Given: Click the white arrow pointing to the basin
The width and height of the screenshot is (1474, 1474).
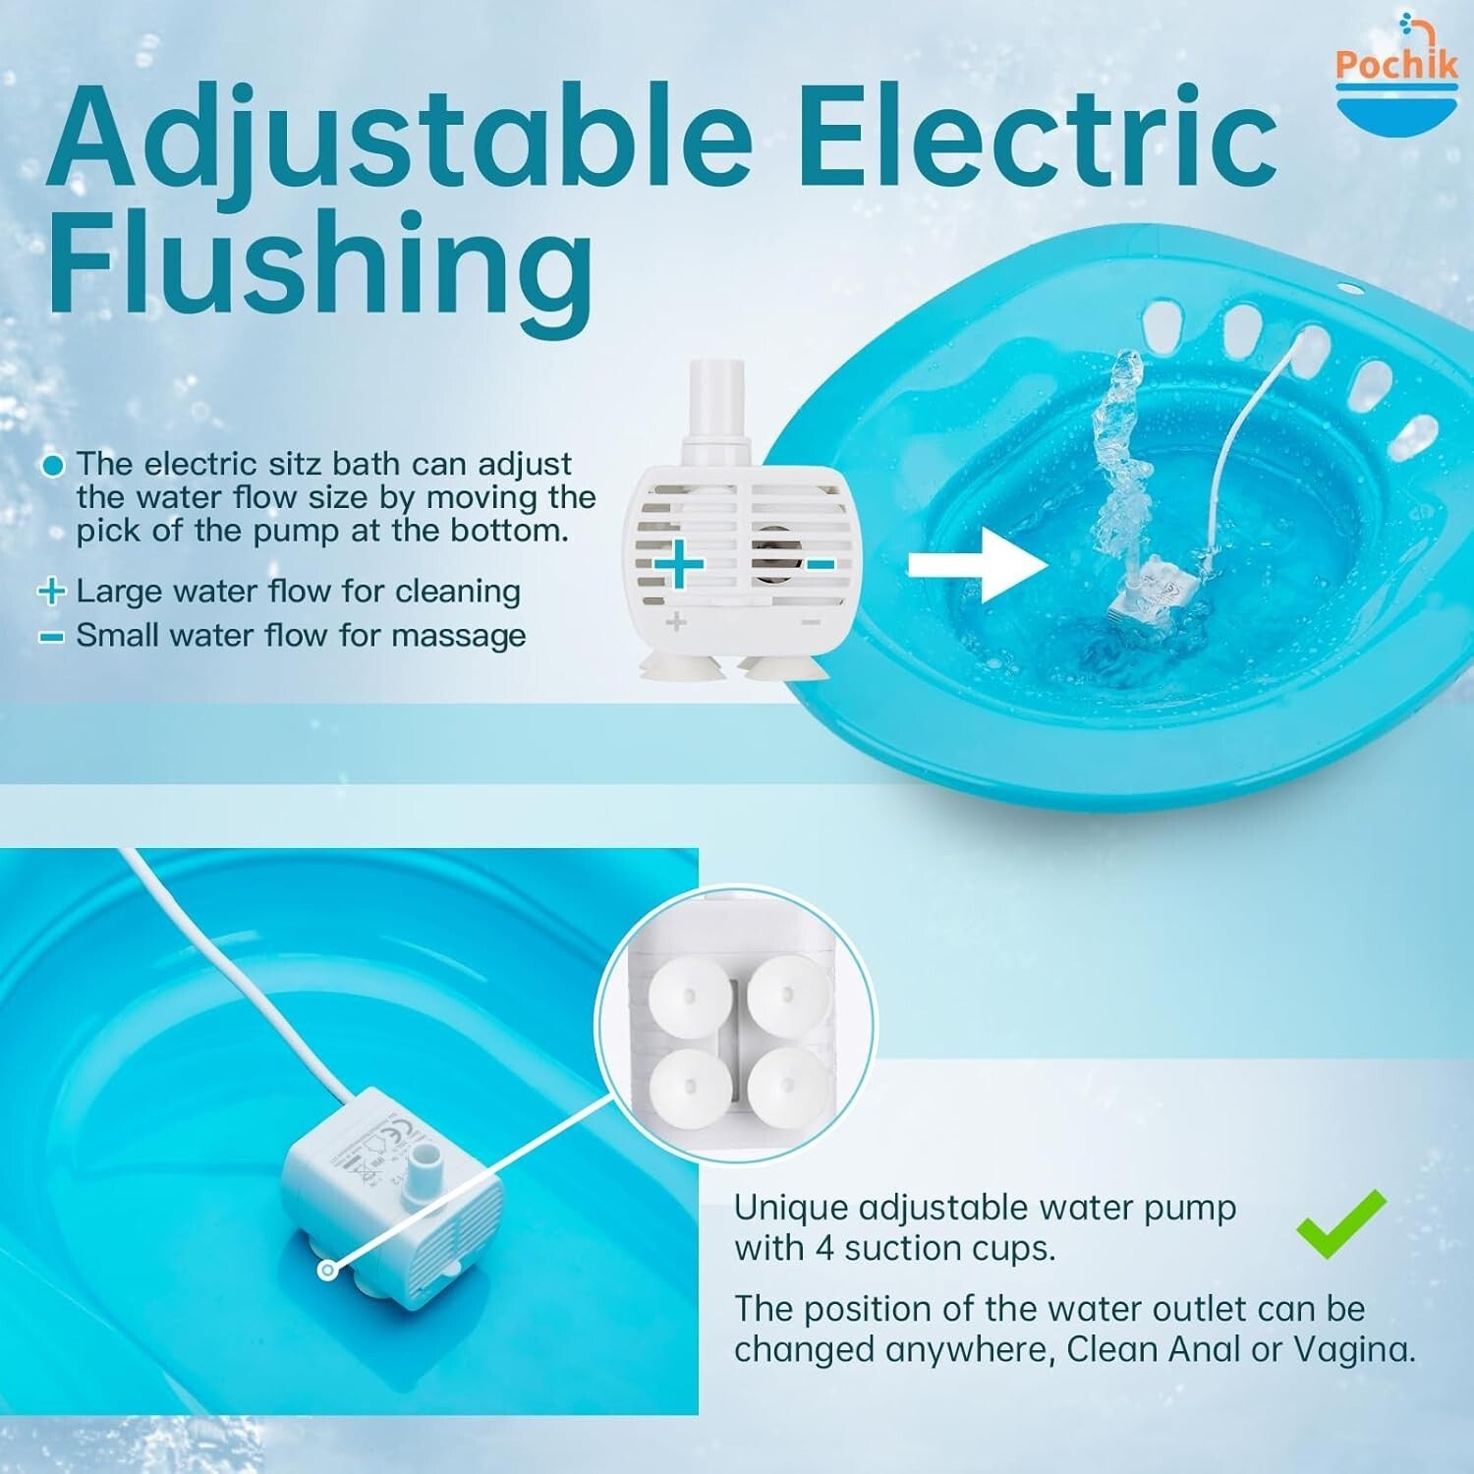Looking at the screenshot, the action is tap(978, 565).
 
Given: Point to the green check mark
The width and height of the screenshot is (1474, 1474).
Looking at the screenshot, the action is tap(1341, 1223).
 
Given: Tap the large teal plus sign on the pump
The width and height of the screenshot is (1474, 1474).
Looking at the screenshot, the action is tap(679, 565).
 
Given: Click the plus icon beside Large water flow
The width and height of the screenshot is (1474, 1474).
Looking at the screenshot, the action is tap(51, 592).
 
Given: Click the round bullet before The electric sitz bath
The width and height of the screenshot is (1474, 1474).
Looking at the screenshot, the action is tap(54, 465).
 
